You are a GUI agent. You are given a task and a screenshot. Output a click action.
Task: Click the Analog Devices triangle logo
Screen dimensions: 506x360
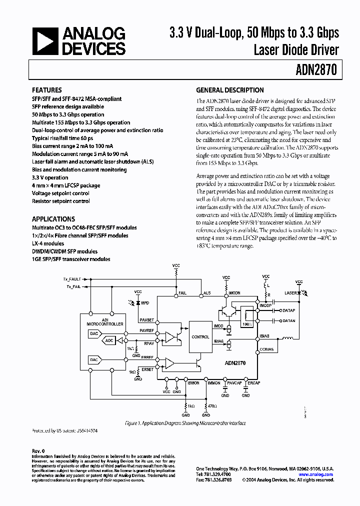[43, 41]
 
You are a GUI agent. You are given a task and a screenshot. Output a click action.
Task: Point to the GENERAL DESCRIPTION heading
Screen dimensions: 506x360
[229, 90]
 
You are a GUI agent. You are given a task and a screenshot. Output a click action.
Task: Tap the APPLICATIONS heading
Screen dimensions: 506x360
[53, 219]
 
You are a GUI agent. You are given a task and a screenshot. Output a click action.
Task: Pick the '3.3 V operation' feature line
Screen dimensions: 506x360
[50, 177]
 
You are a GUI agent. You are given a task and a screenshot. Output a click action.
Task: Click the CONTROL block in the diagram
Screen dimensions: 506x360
[200, 337]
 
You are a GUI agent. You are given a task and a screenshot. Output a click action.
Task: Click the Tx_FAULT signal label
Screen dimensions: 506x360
[72, 278]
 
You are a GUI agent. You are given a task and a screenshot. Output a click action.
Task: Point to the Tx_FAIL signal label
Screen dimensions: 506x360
[73, 287]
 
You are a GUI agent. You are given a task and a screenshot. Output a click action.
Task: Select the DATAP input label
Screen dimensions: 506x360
[289, 310]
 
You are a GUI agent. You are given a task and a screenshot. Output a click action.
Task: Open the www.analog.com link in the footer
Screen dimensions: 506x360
[317, 474]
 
